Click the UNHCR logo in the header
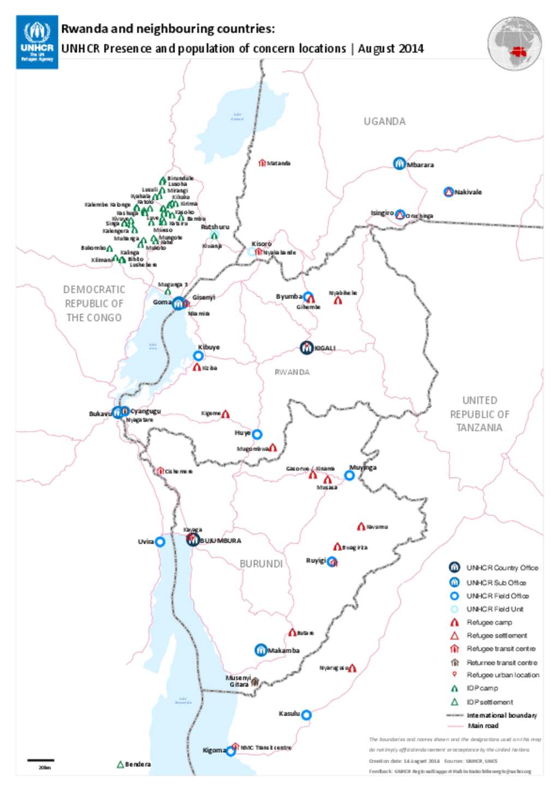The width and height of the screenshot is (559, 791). [37, 42]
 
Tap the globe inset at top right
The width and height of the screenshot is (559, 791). [514, 44]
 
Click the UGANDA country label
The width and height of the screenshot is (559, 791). [384, 121]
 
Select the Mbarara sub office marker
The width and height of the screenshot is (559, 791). [400, 163]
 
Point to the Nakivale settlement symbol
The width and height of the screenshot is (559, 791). [449, 192]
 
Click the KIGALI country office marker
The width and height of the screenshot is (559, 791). [307, 347]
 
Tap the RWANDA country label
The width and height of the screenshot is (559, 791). [292, 372]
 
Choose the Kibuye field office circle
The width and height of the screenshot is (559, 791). [199, 356]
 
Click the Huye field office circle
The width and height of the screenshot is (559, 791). [257, 434]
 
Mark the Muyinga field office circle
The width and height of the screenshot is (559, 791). [349, 475]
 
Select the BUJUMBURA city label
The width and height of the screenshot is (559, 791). [220, 540]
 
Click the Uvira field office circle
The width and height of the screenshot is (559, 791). [160, 542]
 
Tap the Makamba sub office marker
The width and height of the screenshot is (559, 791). [261, 650]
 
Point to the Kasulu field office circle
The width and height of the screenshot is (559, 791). [306, 715]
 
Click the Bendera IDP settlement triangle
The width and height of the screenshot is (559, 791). [121, 764]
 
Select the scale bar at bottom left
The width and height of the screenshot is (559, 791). [41, 759]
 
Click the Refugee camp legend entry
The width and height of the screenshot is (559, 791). [489, 622]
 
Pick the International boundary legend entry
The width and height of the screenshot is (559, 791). [501, 715]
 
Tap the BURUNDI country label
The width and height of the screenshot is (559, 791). [261, 563]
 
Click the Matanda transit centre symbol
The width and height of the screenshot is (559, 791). [262, 163]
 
